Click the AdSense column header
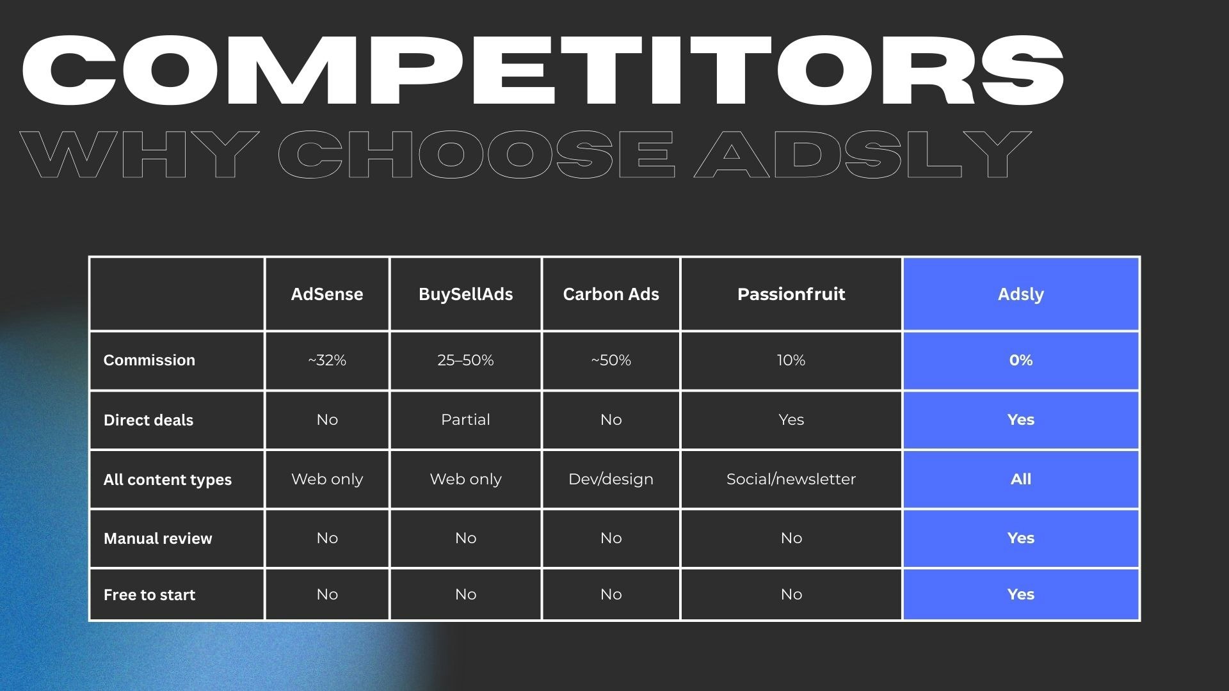326,294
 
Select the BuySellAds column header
465,294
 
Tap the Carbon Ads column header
611,294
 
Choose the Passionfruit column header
791,294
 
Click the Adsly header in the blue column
1020,294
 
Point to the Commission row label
149,360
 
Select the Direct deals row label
149,420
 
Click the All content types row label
168,480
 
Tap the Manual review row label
157,539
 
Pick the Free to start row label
149,595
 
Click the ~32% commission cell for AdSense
326,360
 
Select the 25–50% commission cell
465,360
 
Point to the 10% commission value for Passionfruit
791,360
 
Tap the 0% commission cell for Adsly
1020,360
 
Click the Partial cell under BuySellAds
465,420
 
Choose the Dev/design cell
611,479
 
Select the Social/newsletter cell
791,479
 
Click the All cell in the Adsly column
1020,479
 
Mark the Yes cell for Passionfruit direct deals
791,420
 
